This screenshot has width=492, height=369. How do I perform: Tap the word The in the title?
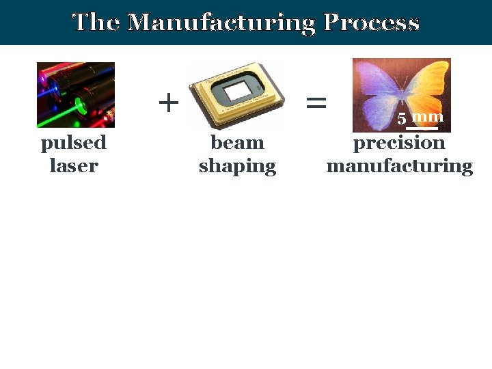98,23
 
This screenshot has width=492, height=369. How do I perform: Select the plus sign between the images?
168,103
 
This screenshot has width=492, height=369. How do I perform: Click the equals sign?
316,103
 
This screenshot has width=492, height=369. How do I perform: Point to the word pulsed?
74,144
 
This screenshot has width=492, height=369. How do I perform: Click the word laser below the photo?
74,165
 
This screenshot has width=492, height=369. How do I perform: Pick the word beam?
237,143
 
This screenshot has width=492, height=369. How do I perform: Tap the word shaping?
237,167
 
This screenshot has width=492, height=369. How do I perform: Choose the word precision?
399,144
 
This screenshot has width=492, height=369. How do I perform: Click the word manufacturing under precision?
399,165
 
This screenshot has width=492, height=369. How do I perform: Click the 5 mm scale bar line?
422,128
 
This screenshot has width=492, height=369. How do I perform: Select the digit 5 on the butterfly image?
402,119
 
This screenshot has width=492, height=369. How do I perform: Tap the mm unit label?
428,117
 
